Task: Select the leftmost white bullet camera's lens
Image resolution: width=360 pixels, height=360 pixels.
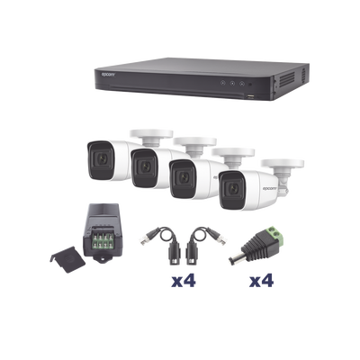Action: pyautogui.click(x=97, y=155)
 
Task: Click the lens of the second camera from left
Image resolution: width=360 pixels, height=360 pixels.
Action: pyautogui.click(x=142, y=164)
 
